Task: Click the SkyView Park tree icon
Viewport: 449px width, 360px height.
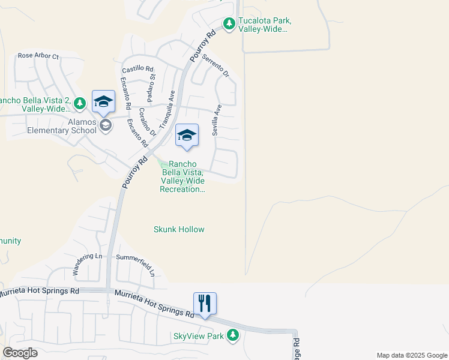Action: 231,336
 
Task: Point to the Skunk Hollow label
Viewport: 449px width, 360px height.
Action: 179,229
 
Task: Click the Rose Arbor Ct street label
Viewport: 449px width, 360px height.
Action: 38,56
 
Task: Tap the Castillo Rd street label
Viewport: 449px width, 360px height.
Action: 137,70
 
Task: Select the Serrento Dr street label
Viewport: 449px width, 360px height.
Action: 216,65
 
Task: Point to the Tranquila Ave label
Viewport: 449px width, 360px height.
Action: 167,106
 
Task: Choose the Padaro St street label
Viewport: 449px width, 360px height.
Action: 152,86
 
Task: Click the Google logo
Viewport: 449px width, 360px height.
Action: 20,353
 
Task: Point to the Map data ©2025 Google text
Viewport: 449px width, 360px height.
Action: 411,355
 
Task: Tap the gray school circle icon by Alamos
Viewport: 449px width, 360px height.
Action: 106,125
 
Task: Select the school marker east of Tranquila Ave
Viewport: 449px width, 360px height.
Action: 187,136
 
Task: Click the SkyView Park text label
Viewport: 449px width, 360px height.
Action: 198,336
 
